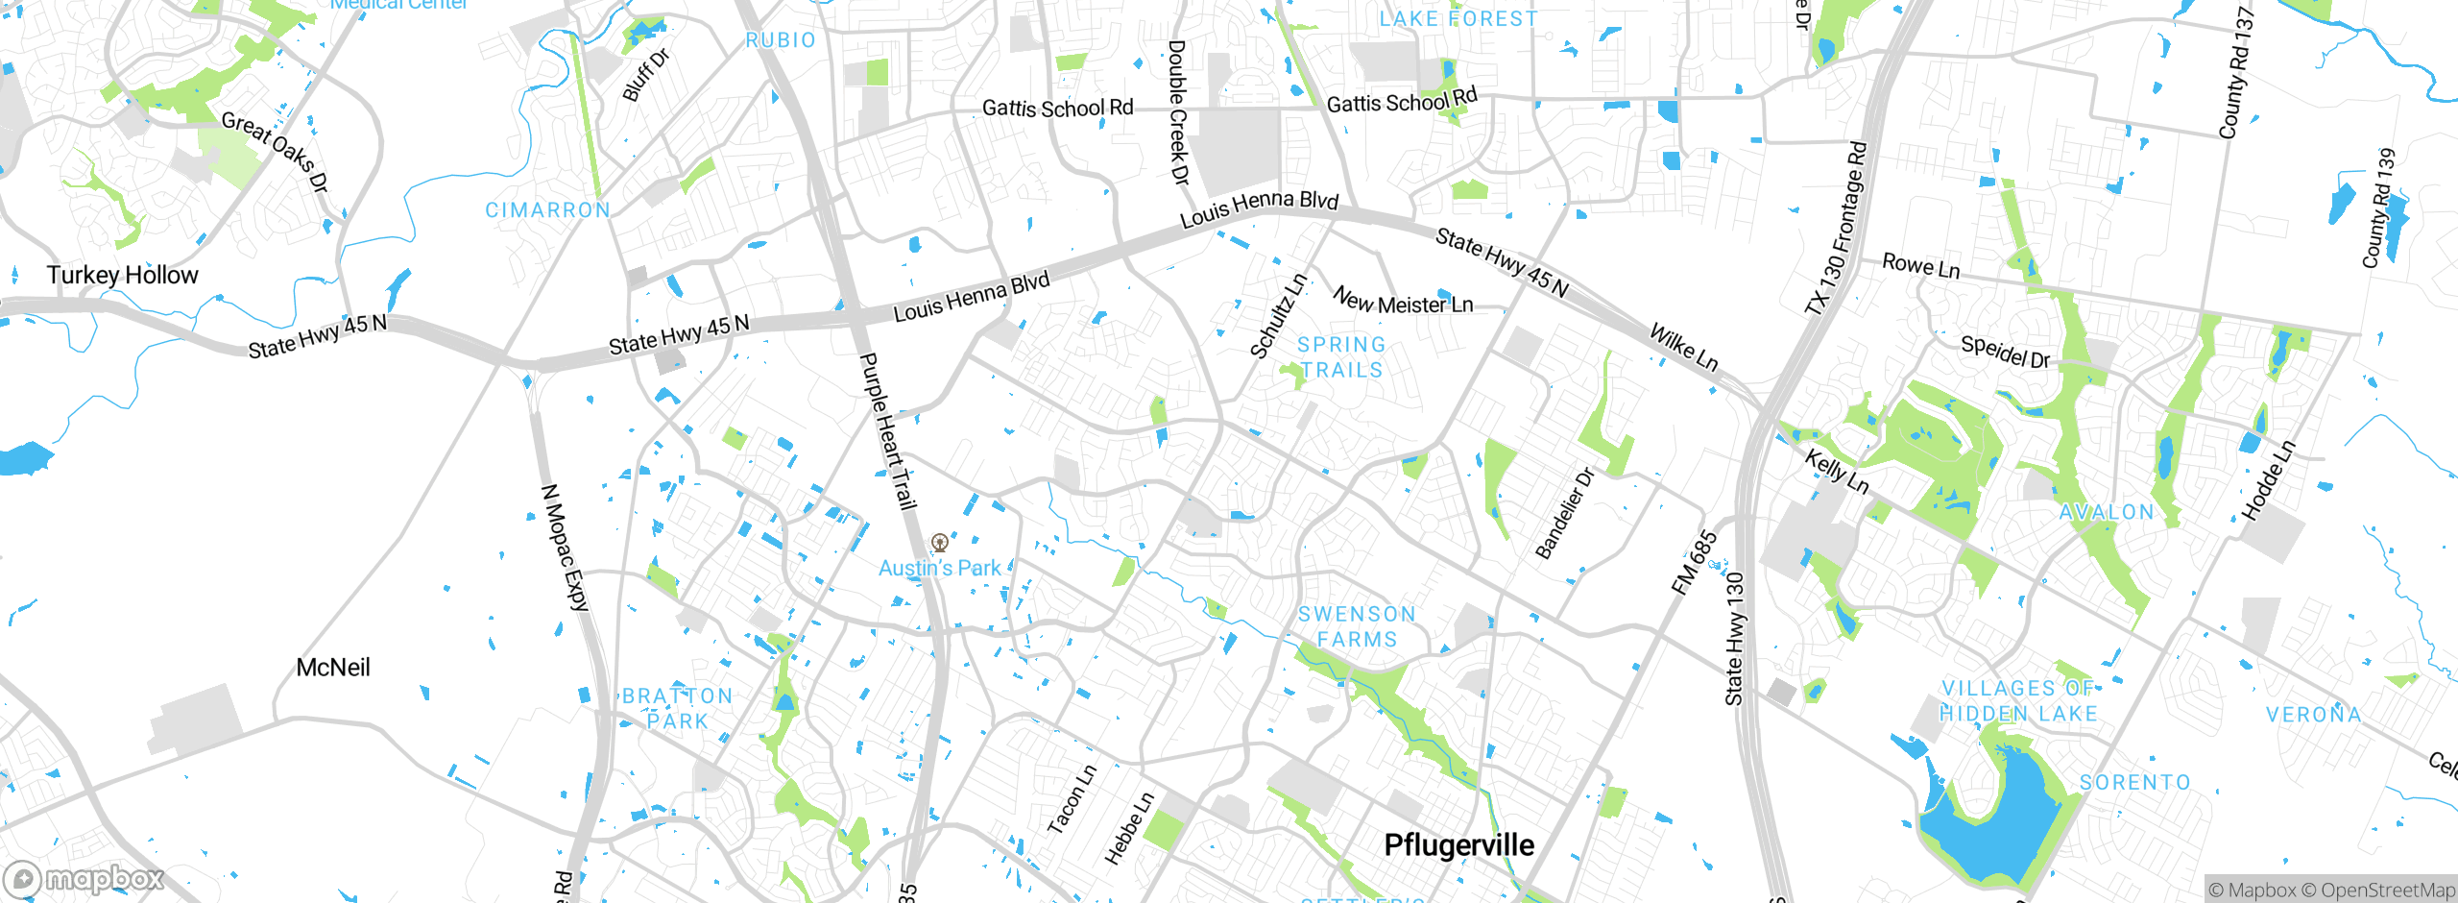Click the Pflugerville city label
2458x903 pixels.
pos(1458,845)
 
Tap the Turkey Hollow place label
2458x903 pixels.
pos(123,276)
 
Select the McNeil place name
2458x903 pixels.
pos(332,668)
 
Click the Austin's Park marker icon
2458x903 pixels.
pos(940,543)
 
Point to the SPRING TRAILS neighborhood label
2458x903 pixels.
pos(1341,357)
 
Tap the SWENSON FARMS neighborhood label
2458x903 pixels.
pos(1357,626)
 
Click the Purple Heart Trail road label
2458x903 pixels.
pos(887,430)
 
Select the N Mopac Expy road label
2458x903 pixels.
pos(565,548)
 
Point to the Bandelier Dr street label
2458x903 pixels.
pos(1564,514)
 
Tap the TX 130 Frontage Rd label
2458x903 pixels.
pos(1836,229)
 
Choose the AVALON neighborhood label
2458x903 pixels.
pos(2107,513)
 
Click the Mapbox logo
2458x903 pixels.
pos(84,878)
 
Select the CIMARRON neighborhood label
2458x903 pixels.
pos(547,210)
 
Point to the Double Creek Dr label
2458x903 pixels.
pos(1178,111)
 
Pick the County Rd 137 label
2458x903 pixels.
pos(2235,73)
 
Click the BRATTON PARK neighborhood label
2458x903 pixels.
pos(677,708)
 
